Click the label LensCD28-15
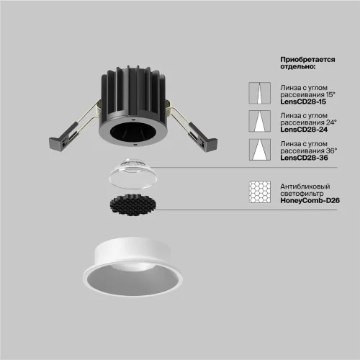tap(303, 102)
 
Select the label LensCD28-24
tap(304, 130)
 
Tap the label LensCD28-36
tap(304, 158)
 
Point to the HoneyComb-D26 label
tap(310, 200)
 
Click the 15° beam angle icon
tap(260, 93)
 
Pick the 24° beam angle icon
tap(260, 121)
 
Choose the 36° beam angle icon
tap(260, 150)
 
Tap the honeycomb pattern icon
tap(260, 192)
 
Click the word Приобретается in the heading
tap(307, 60)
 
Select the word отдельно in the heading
tap(297, 66)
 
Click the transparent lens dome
tap(133, 174)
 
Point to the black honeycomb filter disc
tap(133, 205)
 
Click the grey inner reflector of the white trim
tap(132, 279)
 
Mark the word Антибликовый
tap(305, 186)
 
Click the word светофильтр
tap(302, 194)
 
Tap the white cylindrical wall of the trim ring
tap(133, 251)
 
